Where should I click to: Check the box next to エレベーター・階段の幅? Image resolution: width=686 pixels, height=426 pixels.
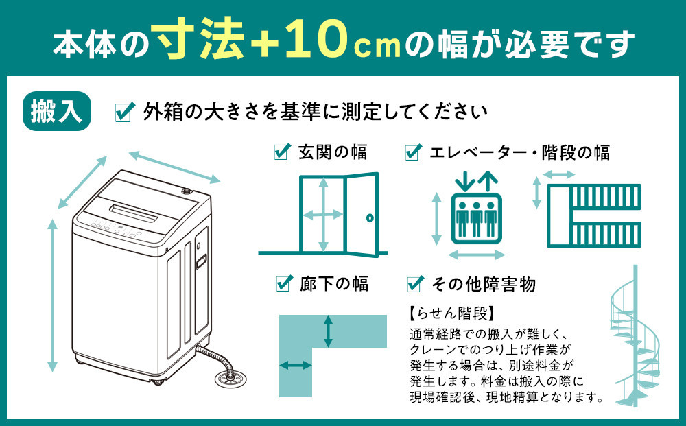pos(413,152)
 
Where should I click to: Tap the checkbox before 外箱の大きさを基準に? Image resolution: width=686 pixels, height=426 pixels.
pos(124,112)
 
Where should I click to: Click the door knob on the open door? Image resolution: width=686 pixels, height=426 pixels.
pos(369,217)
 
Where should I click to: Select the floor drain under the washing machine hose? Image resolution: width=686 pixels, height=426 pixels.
pos(227,377)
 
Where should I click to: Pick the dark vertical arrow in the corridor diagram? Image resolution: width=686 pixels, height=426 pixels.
pos(329,331)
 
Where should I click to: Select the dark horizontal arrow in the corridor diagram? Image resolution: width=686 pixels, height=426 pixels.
pos(296,366)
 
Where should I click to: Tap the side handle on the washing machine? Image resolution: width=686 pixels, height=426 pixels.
pos(201,260)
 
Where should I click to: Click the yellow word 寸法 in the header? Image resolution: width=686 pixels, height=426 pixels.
pos(200,42)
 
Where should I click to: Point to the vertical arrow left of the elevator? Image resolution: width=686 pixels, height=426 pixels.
pos(436,218)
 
